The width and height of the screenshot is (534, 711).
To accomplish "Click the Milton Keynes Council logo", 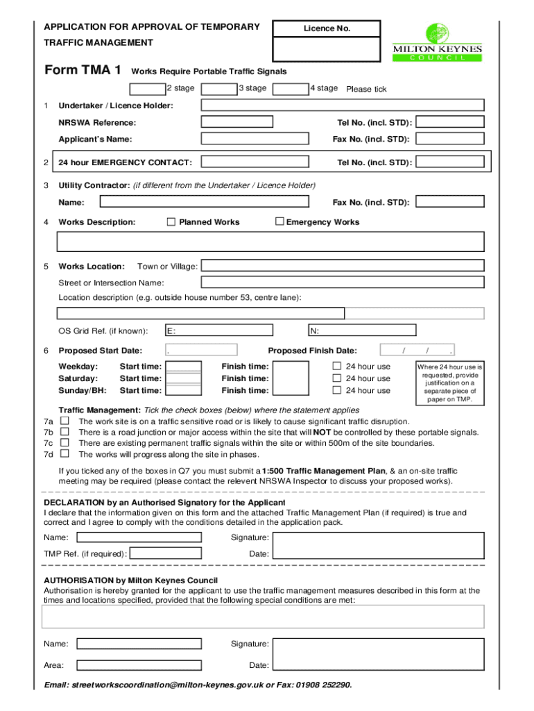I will (438, 42).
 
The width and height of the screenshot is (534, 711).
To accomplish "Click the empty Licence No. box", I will (327, 49).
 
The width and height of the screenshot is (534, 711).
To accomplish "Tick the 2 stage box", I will (148, 89).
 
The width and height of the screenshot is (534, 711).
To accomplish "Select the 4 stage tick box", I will (291, 89).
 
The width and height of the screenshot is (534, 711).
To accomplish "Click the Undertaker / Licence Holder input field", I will (342, 106).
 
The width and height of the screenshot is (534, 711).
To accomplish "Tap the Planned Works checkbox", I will (171, 222).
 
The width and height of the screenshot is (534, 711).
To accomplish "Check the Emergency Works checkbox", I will (280, 222).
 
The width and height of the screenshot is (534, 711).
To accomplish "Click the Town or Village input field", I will (342, 267).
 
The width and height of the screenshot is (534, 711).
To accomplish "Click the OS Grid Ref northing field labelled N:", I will (362, 331).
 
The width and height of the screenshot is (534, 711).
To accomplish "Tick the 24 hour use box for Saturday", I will (337, 378).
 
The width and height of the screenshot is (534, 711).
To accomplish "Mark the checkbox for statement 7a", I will (64, 421).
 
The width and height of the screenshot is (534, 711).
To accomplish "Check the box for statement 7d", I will (64, 454).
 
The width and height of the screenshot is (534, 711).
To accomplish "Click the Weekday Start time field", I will (185, 367).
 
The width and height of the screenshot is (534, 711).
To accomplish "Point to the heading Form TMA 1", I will (83, 71).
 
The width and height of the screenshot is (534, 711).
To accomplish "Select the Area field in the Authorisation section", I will (139, 665).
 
